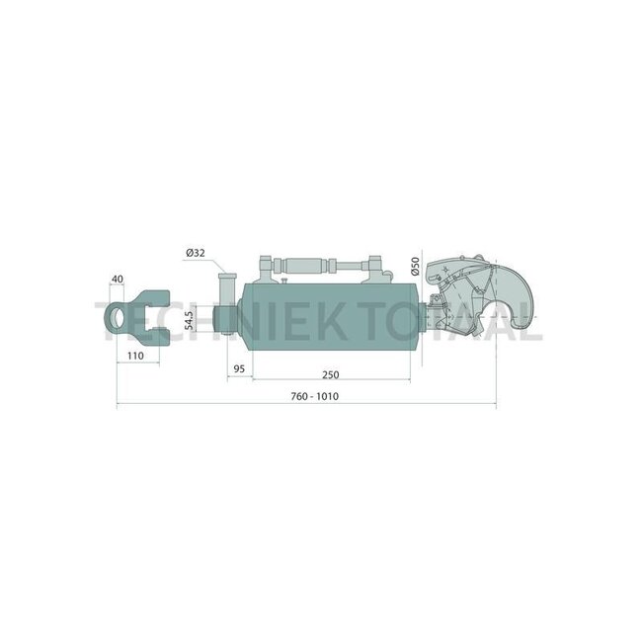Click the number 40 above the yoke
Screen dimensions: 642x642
point(118,281)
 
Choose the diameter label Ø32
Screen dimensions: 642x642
point(195,252)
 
